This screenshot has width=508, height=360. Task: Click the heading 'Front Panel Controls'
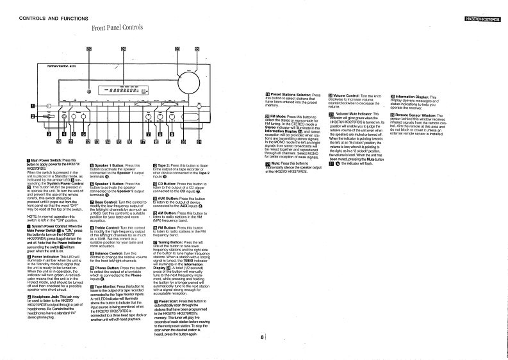(x=117, y=28)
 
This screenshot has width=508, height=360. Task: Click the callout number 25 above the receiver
(x=89, y=49)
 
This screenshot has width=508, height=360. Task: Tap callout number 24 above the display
(x=123, y=49)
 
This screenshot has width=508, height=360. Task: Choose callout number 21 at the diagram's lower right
(x=198, y=142)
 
